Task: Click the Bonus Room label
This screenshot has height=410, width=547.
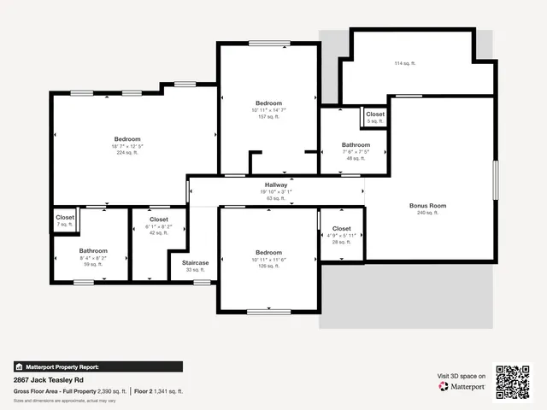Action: pyautogui.click(x=428, y=206)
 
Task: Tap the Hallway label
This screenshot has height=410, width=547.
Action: pyautogui.click(x=276, y=184)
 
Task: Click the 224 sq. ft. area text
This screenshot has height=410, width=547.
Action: pyautogui.click(x=127, y=154)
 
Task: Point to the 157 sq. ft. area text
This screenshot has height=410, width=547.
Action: pyautogui.click(x=268, y=117)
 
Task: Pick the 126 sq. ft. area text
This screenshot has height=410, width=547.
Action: pyautogui.click(x=268, y=266)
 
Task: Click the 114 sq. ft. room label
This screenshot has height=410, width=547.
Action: pyautogui.click(x=406, y=63)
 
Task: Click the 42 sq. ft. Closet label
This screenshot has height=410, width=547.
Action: pyautogui.click(x=159, y=220)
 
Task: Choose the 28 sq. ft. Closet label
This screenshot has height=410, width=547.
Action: pyautogui.click(x=341, y=229)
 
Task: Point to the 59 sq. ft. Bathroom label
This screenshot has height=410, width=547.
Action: pyautogui.click(x=93, y=251)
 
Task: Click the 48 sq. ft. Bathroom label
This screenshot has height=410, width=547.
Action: pyautogui.click(x=356, y=145)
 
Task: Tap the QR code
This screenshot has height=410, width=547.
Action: pyautogui.click(x=514, y=382)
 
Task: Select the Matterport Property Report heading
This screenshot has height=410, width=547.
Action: pyautogui.click(x=62, y=366)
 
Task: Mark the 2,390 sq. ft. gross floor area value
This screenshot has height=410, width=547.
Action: pyautogui.click(x=109, y=391)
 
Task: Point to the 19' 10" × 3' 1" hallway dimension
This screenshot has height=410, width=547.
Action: pyautogui.click(x=276, y=192)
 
